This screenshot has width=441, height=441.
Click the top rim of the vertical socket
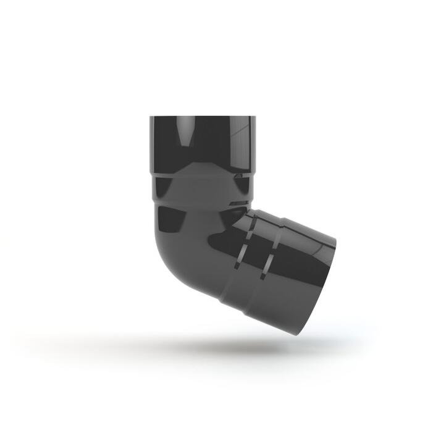click(202, 117)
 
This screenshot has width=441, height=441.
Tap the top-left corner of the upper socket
click(151, 117)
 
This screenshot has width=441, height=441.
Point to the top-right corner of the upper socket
click(253, 117)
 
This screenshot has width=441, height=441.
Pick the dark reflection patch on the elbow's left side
click(168, 217)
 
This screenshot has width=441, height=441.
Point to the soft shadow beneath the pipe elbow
click(204, 346)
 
